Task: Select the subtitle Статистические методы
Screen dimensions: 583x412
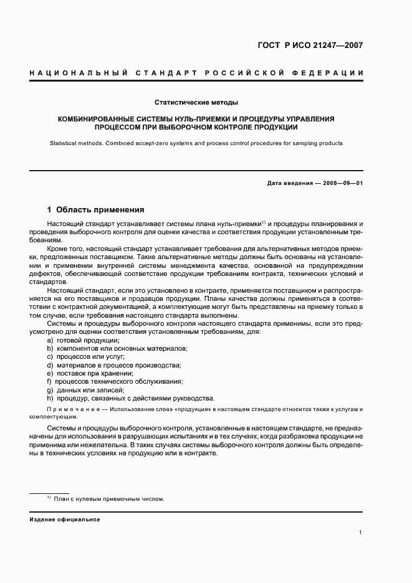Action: coord(196,102)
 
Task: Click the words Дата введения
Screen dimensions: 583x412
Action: coord(287,182)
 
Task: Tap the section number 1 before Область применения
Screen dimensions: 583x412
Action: coord(50,209)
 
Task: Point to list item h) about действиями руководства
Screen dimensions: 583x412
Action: coord(130,398)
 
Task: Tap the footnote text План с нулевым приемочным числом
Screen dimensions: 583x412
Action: coord(109,499)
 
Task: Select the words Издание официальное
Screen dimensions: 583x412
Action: coord(65,519)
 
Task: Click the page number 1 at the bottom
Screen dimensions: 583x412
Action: coord(361,533)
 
